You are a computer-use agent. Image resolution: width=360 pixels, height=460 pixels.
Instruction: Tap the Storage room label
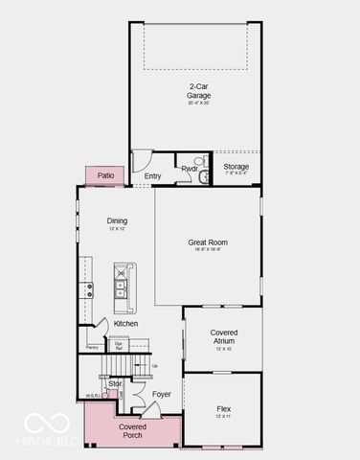click(236, 167)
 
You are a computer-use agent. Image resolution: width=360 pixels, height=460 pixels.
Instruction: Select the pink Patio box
click(104, 175)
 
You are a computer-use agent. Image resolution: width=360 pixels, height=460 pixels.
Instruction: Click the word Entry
click(153, 176)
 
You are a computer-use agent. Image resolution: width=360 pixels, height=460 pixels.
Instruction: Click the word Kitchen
click(125, 324)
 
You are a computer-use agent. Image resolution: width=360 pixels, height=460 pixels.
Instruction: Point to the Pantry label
click(92, 348)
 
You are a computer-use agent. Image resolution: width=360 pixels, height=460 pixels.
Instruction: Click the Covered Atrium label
click(224, 335)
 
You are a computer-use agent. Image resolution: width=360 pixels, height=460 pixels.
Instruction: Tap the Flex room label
click(223, 409)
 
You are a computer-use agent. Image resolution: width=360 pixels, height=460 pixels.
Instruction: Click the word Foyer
click(162, 394)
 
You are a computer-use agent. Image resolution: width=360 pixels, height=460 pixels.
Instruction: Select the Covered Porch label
click(133, 430)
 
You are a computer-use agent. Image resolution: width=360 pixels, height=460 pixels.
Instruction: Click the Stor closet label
click(115, 383)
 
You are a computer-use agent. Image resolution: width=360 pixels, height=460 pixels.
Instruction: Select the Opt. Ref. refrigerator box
click(119, 346)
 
